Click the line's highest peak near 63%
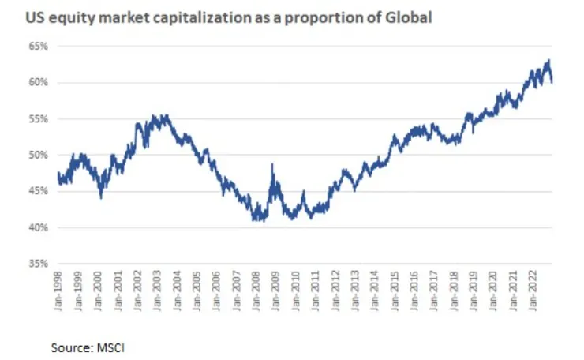click(548, 61)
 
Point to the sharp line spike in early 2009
click(272, 165)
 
